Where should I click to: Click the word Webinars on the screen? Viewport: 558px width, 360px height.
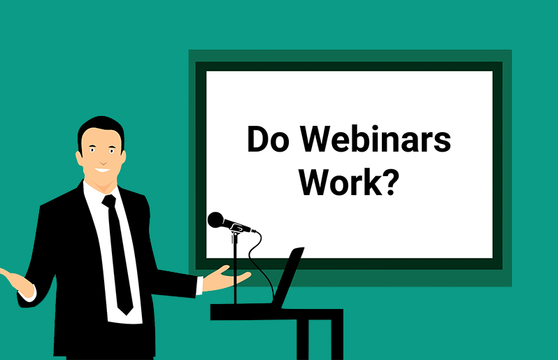coord(375,138)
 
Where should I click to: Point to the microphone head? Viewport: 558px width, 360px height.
coord(215,219)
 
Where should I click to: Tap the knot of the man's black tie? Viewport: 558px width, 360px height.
coord(109,201)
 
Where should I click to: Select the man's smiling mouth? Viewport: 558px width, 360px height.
coord(103,170)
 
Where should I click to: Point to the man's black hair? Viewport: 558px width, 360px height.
coord(101,130)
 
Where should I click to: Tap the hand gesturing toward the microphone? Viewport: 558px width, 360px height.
coord(227,278)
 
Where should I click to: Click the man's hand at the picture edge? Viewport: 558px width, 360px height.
coord(16,281)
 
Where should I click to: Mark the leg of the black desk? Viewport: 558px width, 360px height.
coord(303,339)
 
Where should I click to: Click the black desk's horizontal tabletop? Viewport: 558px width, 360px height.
coord(276,314)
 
